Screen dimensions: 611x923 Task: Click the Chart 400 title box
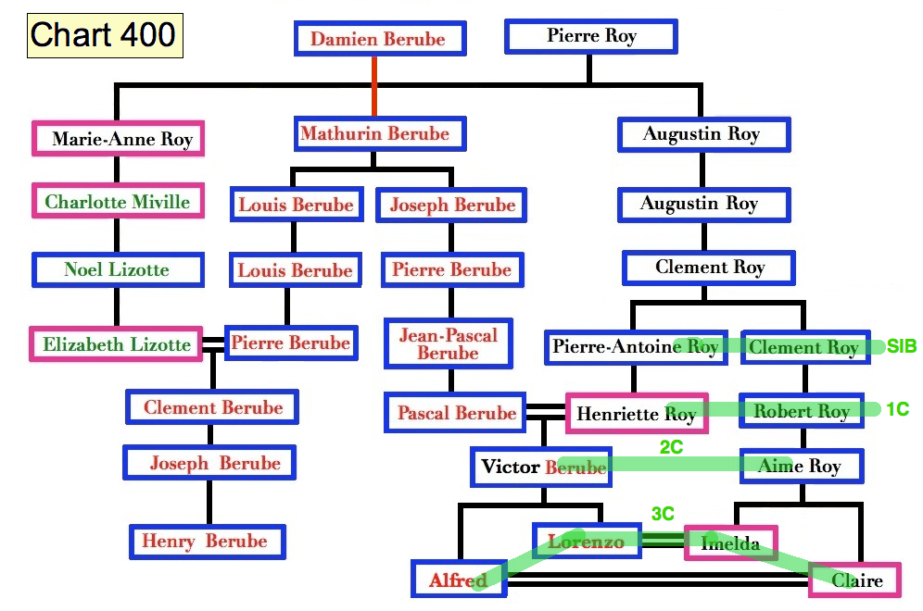(104, 36)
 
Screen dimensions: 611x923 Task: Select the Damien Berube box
(378, 39)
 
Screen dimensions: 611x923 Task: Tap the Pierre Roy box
(591, 37)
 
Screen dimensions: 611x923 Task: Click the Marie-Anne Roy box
(118, 139)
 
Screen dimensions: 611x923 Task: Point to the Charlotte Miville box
(118, 202)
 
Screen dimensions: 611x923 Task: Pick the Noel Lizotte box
(117, 270)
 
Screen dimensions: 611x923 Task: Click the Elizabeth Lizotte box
(117, 344)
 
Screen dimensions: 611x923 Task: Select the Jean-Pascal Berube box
(449, 343)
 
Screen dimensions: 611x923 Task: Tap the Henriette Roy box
(637, 413)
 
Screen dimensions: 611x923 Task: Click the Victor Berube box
(542, 468)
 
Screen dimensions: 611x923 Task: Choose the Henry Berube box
(206, 542)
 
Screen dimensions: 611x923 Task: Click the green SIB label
(901, 347)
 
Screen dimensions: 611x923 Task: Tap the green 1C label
(897, 409)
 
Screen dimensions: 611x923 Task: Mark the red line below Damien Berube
(374, 85)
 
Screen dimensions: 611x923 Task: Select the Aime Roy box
(801, 467)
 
